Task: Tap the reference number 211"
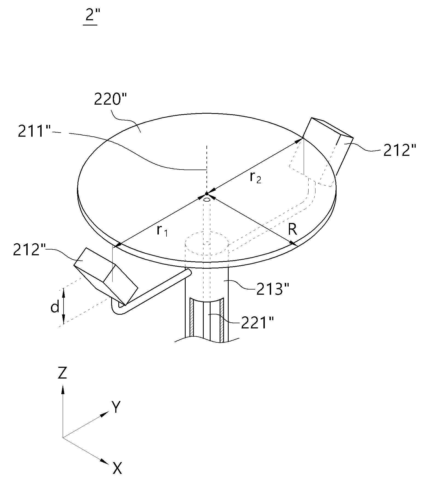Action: pyautogui.click(x=34, y=131)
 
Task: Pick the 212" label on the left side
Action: pyautogui.click(x=29, y=250)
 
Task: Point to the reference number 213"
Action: pyautogui.click(x=272, y=289)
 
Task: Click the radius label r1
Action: pyautogui.click(x=162, y=231)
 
